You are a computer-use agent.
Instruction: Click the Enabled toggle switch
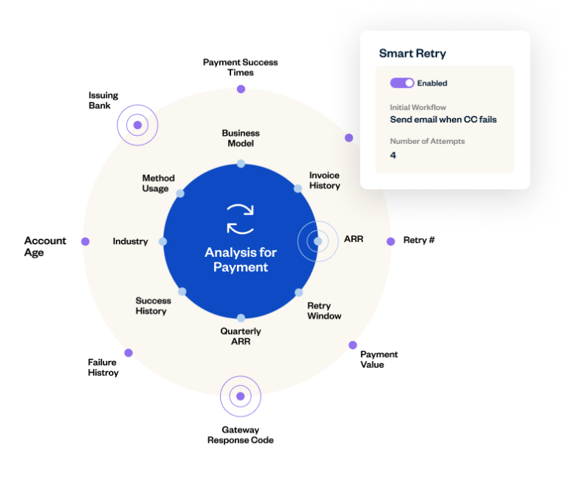[x=402, y=83]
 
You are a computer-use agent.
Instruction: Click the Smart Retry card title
[x=412, y=54]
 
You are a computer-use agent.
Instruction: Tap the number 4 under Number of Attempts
[x=393, y=155]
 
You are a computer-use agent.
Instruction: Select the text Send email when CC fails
[x=443, y=120]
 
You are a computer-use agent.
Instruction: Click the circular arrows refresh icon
[x=241, y=219]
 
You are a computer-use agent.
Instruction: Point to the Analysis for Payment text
[x=241, y=260]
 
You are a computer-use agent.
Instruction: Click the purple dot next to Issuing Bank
[x=137, y=125]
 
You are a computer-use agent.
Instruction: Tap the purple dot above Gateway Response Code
[x=241, y=396]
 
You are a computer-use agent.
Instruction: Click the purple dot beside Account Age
[x=86, y=241]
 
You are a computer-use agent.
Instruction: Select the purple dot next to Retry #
[x=391, y=241]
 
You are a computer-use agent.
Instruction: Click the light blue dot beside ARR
[x=317, y=241]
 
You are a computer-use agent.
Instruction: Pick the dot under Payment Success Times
[x=241, y=89]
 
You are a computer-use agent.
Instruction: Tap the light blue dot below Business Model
[x=241, y=164]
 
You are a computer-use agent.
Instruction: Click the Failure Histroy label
[x=103, y=368]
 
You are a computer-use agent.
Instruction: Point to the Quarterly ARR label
[x=241, y=337]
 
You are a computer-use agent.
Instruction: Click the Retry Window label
[x=324, y=311]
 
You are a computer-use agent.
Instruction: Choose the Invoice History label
[x=324, y=180]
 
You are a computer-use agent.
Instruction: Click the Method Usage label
[x=159, y=183]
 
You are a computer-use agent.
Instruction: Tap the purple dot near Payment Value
[x=353, y=345]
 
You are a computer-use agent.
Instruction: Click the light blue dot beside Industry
[x=162, y=241]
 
